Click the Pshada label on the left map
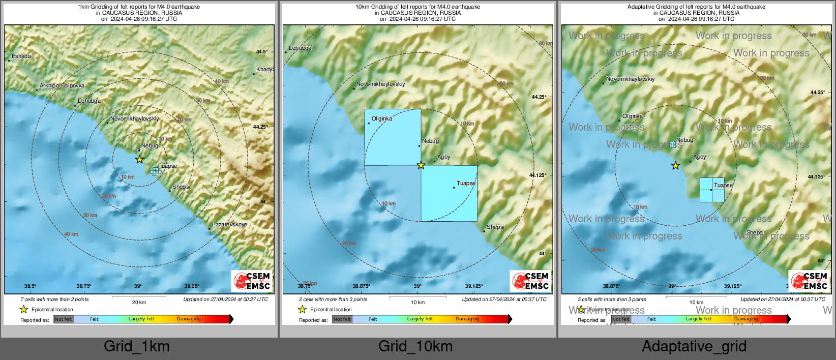pyautogui.click(x=21, y=56)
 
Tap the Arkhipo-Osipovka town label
pyautogui.click(x=62, y=86)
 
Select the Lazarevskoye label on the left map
pyautogui.click(x=229, y=225)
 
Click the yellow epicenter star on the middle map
pyautogui.click(x=421, y=165)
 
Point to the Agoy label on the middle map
pyautogui.click(x=443, y=157)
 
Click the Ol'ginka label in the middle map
pyautogui.click(x=381, y=119)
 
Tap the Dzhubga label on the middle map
pyautogui.click(x=300, y=48)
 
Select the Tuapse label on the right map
pyautogui.click(x=723, y=186)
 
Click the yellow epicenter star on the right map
pyautogui.click(x=675, y=166)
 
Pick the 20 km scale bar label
pyautogui.click(x=139, y=303)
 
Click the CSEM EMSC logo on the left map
pyautogui.click(x=252, y=281)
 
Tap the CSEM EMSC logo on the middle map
pyautogui.click(x=530, y=281)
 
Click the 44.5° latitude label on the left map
pyautogui.click(x=262, y=52)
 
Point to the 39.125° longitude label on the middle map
pyautogui.click(x=474, y=286)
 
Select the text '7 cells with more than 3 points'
pyautogui.click(x=54, y=299)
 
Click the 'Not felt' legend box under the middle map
pyautogui.click(x=342, y=319)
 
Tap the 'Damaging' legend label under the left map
pyautogui.click(x=189, y=319)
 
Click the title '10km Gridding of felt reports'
pyautogui.click(x=417, y=7)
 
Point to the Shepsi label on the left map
pyautogui.click(x=181, y=187)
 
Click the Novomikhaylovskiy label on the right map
pyautogui.click(x=630, y=79)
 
